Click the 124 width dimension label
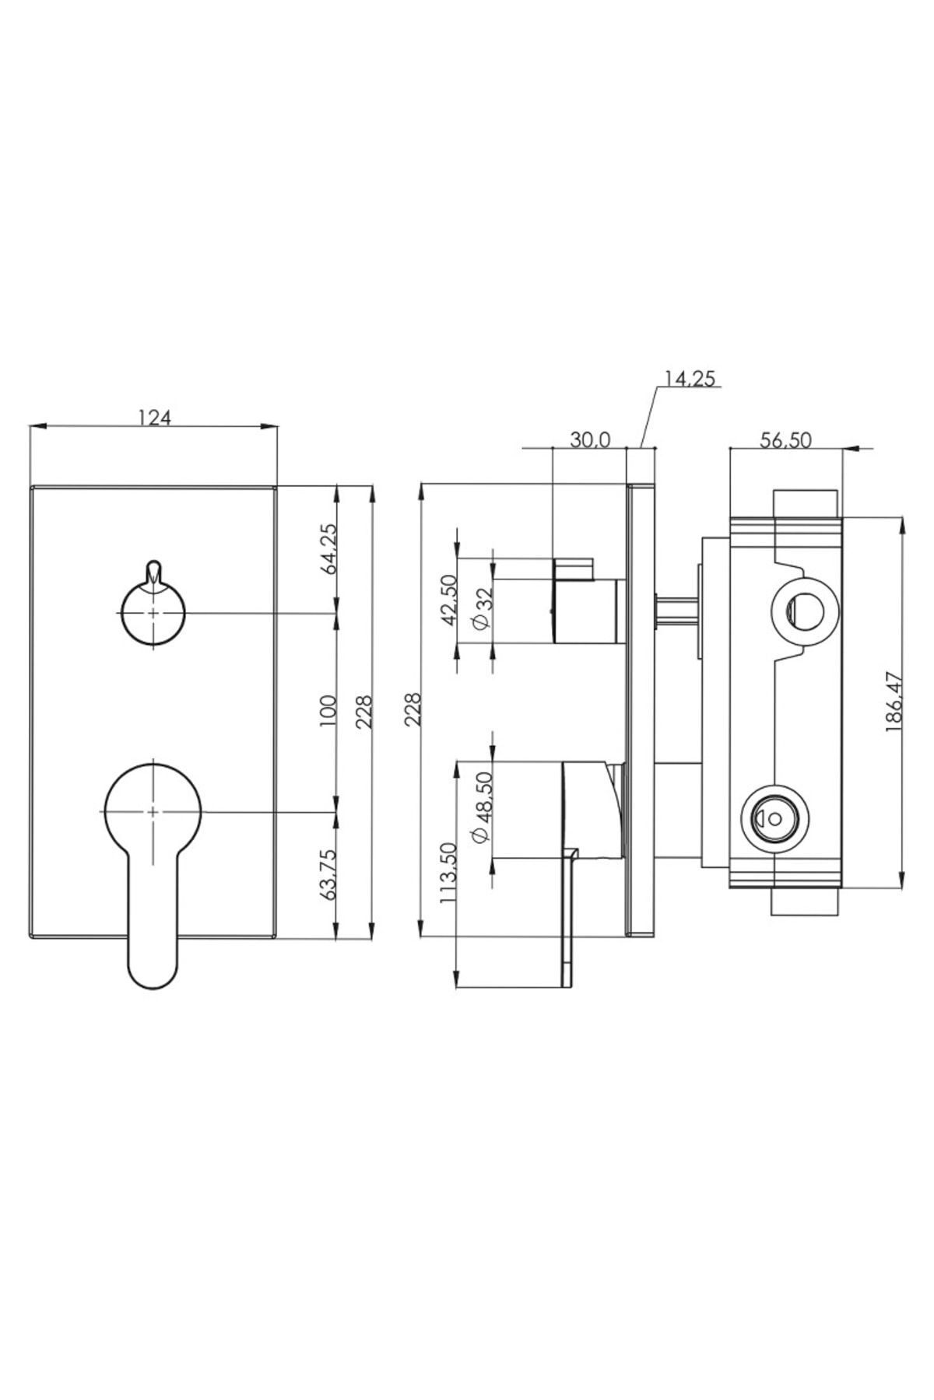pyautogui.click(x=154, y=418)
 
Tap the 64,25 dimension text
pyautogui.click(x=328, y=549)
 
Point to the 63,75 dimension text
pyautogui.click(x=328, y=875)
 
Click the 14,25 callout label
pyautogui.click(x=689, y=379)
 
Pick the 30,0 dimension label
pyautogui.click(x=589, y=439)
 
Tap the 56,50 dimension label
pyautogui.click(x=785, y=439)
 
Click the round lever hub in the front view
pyautogui.click(x=153, y=811)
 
